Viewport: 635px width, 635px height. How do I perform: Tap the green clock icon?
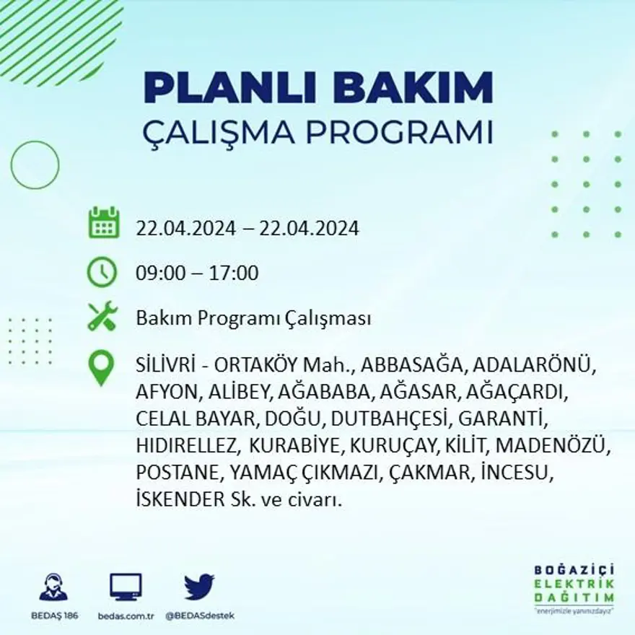coord(102,272)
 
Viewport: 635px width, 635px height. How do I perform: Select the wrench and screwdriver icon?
coord(102,317)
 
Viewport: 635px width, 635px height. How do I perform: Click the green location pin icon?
coord(101,367)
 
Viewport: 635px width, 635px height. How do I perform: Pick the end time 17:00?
coord(234,273)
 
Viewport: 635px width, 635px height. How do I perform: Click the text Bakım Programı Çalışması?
coord(253,318)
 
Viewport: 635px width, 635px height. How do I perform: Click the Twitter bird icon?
coord(199,587)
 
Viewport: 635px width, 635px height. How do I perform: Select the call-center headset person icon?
coord(53,587)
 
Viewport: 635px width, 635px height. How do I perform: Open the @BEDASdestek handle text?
coord(200,616)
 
